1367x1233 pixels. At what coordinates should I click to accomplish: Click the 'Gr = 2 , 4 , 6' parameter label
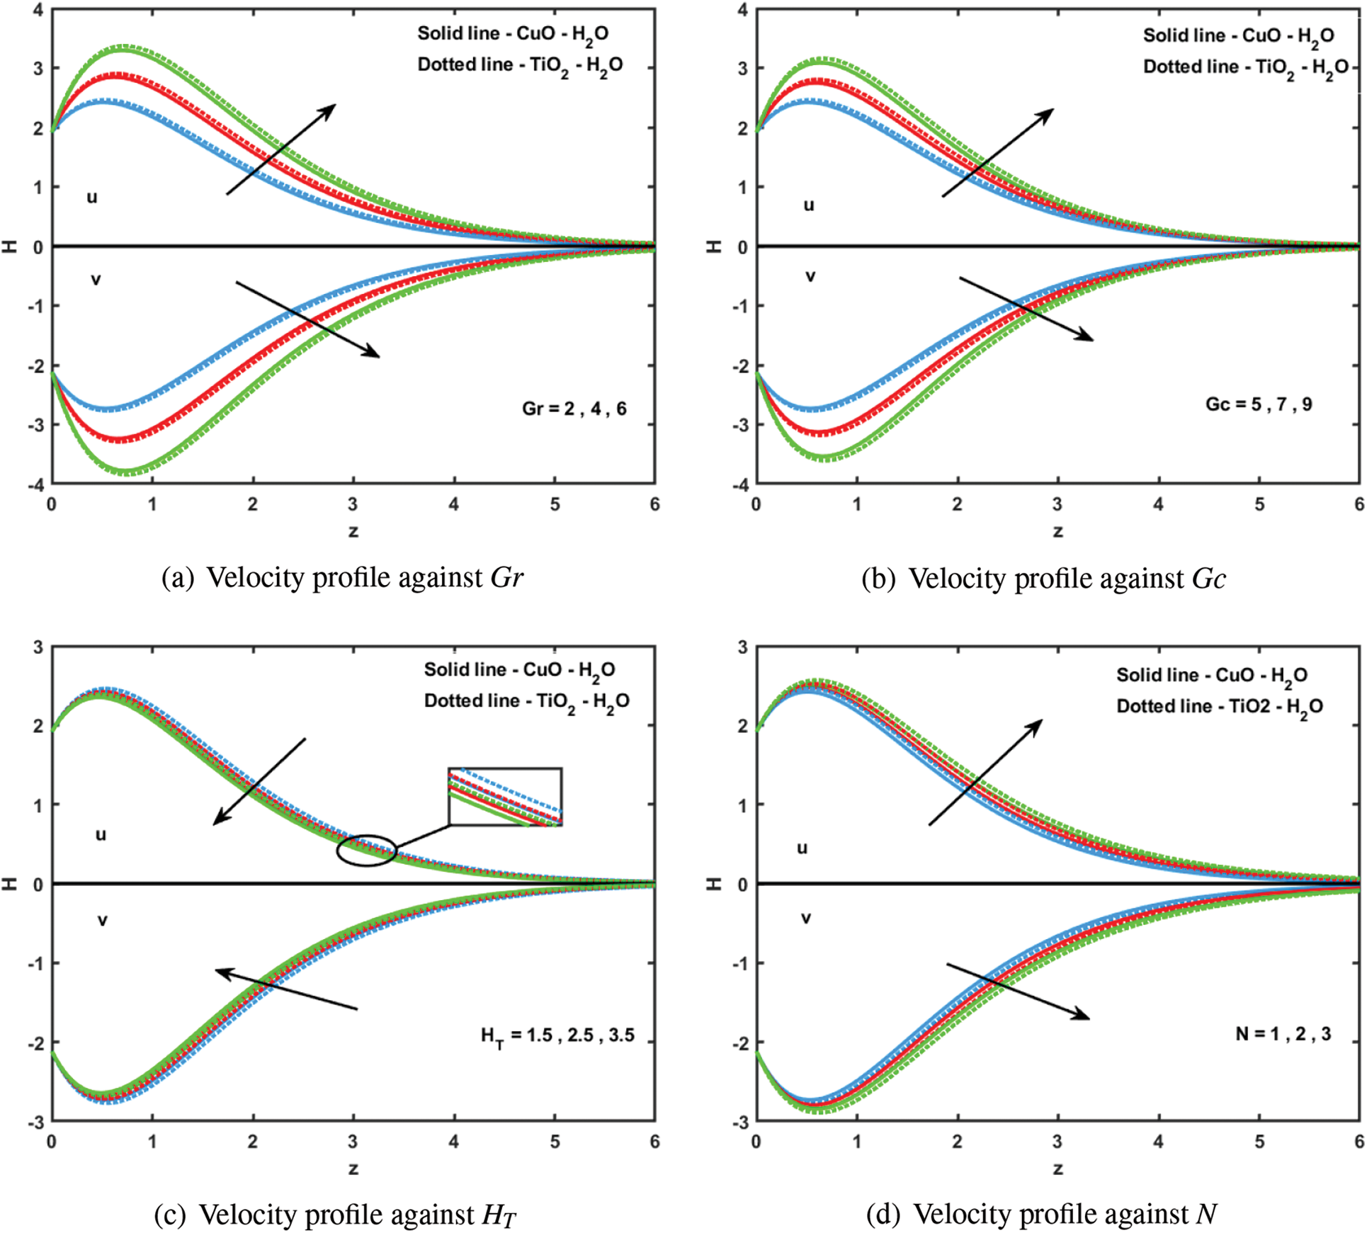point(574,409)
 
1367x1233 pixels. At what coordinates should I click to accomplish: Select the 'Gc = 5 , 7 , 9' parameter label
point(1258,404)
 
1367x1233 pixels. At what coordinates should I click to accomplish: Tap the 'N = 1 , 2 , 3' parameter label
point(1283,1034)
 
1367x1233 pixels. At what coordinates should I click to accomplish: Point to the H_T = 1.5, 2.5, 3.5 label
point(557,1036)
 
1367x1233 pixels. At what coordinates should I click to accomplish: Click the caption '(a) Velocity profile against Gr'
point(342,578)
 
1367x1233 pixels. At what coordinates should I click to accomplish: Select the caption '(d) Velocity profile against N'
point(1041,1214)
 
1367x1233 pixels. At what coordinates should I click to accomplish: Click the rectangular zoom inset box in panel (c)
point(505,797)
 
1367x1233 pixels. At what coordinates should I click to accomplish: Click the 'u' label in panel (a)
point(92,198)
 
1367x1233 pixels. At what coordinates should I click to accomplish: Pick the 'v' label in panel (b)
point(810,277)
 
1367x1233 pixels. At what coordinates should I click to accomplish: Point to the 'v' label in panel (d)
point(805,919)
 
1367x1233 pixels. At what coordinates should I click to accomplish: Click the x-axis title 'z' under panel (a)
point(353,531)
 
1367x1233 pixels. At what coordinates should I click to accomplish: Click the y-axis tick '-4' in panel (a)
point(36,485)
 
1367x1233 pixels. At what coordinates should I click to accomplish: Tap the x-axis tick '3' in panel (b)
point(1057,504)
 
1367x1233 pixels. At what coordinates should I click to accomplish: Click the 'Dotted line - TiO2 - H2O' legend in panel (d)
point(1219,706)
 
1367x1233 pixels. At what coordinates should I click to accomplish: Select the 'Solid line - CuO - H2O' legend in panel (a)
point(512,34)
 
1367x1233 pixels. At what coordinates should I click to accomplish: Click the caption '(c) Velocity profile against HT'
point(335,1214)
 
